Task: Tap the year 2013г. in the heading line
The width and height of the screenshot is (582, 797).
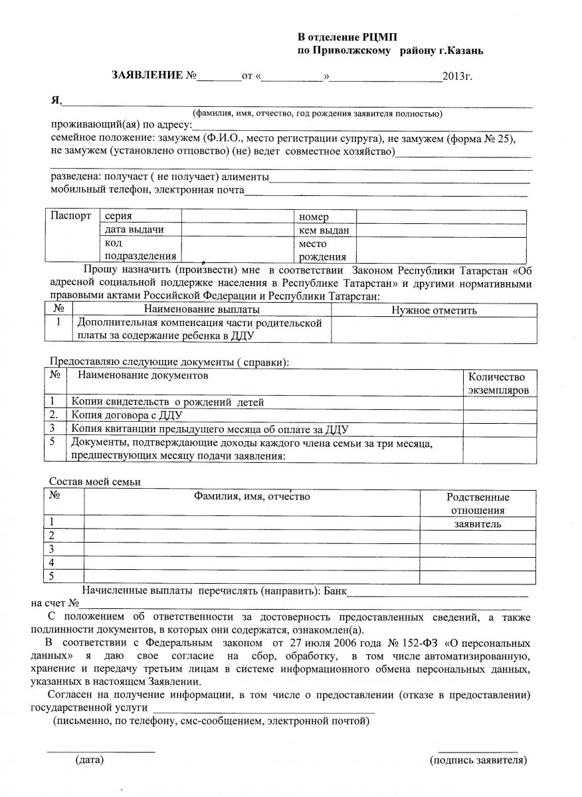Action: pyautogui.click(x=458, y=77)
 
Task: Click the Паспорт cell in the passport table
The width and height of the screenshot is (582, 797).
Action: pyautogui.click(x=70, y=217)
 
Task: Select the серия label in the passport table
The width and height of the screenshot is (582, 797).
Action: pyautogui.click(x=118, y=217)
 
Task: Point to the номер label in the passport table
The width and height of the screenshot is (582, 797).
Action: pyautogui.click(x=314, y=217)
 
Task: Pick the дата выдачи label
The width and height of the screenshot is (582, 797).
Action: pyautogui.click(x=134, y=230)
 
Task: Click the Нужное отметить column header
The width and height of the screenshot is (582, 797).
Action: pyautogui.click(x=434, y=310)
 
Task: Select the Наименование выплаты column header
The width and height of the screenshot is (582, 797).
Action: pyautogui.click(x=201, y=310)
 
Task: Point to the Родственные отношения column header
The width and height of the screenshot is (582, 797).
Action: pyautogui.click(x=478, y=503)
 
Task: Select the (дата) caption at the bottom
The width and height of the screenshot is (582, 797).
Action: pyautogui.click(x=89, y=758)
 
